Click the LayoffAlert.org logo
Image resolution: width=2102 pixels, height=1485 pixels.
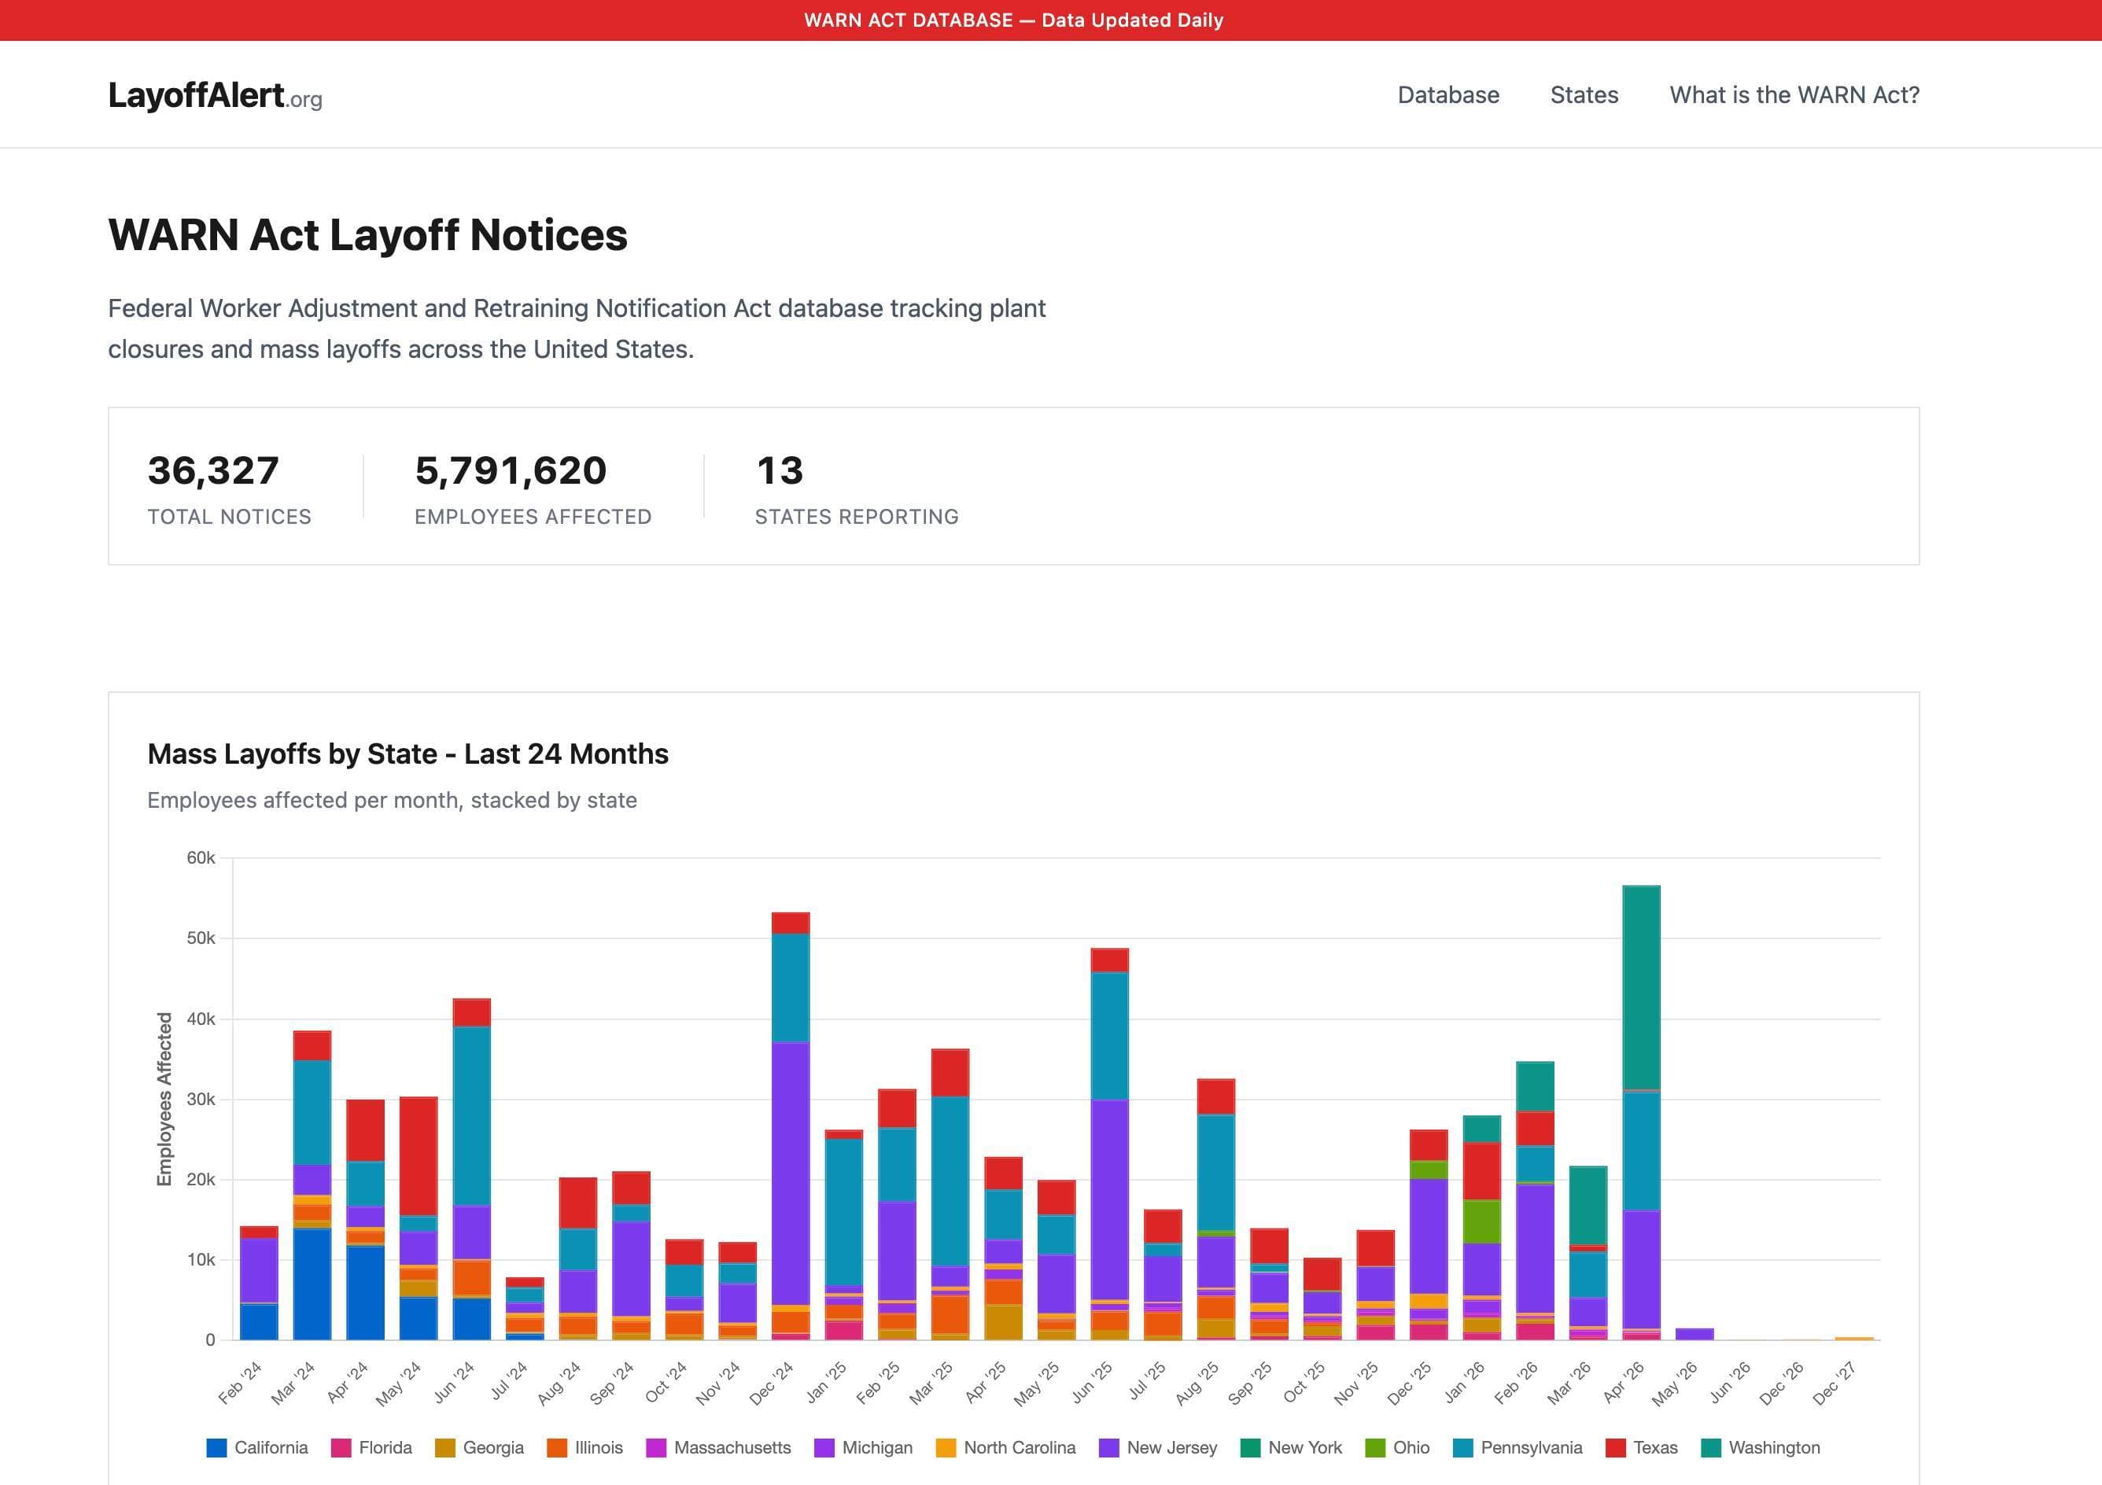pos(214,95)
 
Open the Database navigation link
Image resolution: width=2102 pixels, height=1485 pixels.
pos(1447,95)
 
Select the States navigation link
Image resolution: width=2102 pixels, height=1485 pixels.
pos(1584,95)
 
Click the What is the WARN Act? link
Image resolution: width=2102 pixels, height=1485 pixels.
pos(1794,95)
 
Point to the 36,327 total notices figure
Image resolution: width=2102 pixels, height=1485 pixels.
pos(212,470)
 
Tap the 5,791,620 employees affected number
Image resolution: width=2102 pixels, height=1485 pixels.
pos(510,470)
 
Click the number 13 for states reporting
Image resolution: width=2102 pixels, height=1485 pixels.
pos(779,470)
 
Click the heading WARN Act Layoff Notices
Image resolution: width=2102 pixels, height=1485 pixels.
pos(367,235)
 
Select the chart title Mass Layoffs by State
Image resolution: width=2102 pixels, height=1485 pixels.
pos(407,754)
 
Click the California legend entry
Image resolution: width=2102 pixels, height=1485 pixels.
pos(257,1447)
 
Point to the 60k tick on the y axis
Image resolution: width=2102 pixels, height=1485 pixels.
pos(201,858)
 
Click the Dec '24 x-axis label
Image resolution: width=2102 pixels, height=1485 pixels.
pos(771,1384)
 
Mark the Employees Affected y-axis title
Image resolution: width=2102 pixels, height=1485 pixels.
pos(164,1099)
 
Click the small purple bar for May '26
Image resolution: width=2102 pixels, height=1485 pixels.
pos(1694,1334)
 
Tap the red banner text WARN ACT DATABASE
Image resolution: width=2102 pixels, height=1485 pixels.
pos(1013,20)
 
